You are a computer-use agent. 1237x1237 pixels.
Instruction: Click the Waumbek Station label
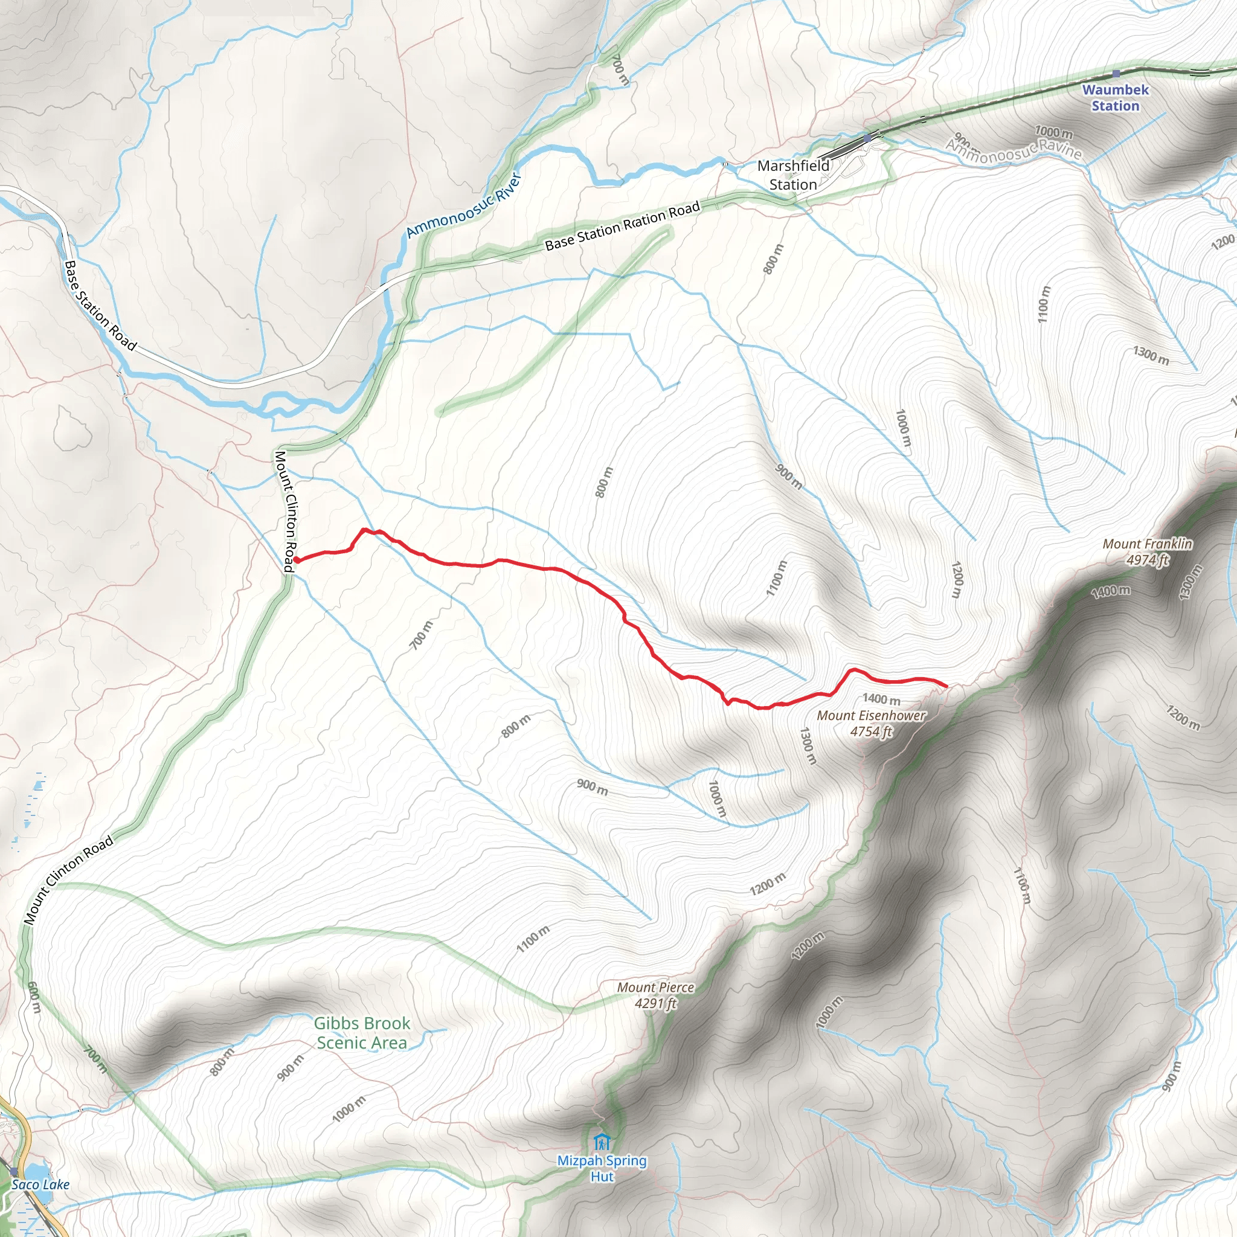(x=1115, y=98)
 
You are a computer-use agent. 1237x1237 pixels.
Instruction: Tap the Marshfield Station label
(x=792, y=175)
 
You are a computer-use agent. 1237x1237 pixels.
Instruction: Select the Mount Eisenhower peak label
(x=871, y=716)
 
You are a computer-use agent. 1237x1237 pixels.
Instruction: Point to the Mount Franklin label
(x=1147, y=544)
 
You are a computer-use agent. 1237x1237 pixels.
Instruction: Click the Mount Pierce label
(x=655, y=988)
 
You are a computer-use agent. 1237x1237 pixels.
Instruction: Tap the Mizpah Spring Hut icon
(x=601, y=1142)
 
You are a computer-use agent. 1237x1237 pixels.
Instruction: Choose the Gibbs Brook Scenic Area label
(x=362, y=1033)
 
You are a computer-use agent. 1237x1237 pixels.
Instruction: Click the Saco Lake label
(x=40, y=1184)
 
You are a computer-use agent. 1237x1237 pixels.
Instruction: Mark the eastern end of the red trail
(x=946, y=686)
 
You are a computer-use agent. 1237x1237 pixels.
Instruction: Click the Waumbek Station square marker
(x=1116, y=74)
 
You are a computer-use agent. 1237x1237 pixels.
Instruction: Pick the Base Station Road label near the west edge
(x=100, y=306)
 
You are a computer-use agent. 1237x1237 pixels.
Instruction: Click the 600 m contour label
(x=34, y=998)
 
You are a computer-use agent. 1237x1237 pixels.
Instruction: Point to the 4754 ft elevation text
(x=871, y=731)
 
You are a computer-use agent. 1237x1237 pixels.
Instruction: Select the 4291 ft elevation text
(x=655, y=1003)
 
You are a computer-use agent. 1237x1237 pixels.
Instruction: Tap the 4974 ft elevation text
(x=1147, y=559)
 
